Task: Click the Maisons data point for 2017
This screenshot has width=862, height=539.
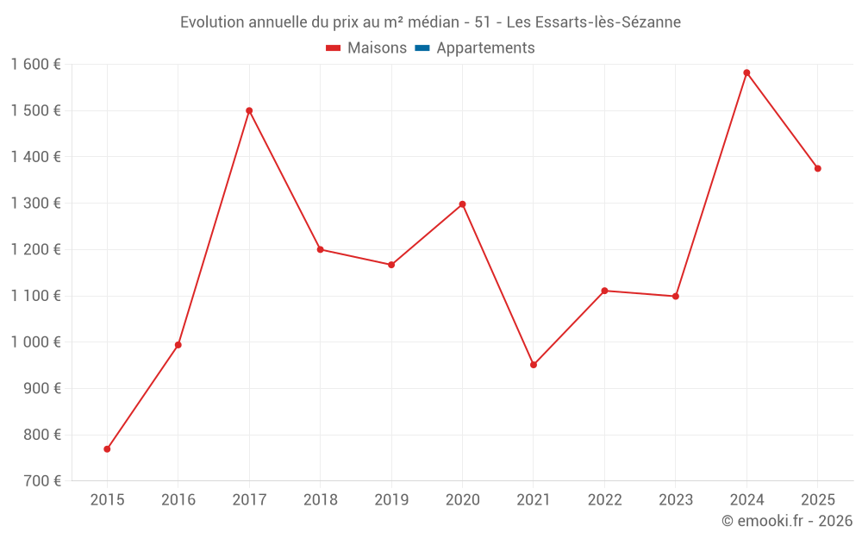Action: pyautogui.click(x=249, y=110)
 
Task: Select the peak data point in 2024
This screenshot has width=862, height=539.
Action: pyautogui.click(x=746, y=72)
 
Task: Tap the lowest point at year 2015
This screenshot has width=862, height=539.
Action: pyautogui.click(x=107, y=449)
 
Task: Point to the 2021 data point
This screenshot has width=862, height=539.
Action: pyautogui.click(x=534, y=365)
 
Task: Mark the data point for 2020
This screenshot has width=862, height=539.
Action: pyautogui.click(x=462, y=204)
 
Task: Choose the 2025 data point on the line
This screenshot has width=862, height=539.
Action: pyautogui.click(x=817, y=168)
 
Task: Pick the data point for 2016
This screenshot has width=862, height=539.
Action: pyautogui.click(x=178, y=345)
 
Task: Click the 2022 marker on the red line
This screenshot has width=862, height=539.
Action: pyautogui.click(x=604, y=291)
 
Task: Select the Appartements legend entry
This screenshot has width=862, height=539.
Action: pyautogui.click(x=485, y=48)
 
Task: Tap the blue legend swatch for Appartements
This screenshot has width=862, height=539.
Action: pyautogui.click(x=422, y=48)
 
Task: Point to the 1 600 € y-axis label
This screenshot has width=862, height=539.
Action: pyautogui.click(x=35, y=64)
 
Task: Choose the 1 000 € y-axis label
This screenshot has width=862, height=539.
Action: pyautogui.click(x=35, y=342)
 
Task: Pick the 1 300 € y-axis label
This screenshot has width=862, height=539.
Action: pyautogui.click(x=35, y=203)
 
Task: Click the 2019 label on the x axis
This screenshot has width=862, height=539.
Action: pyautogui.click(x=391, y=500)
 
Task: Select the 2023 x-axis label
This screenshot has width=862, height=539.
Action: pyautogui.click(x=676, y=500)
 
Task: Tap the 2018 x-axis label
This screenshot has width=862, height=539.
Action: pyautogui.click(x=320, y=500)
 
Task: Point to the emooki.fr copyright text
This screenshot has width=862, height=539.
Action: pyautogui.click(x=787, y=521)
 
